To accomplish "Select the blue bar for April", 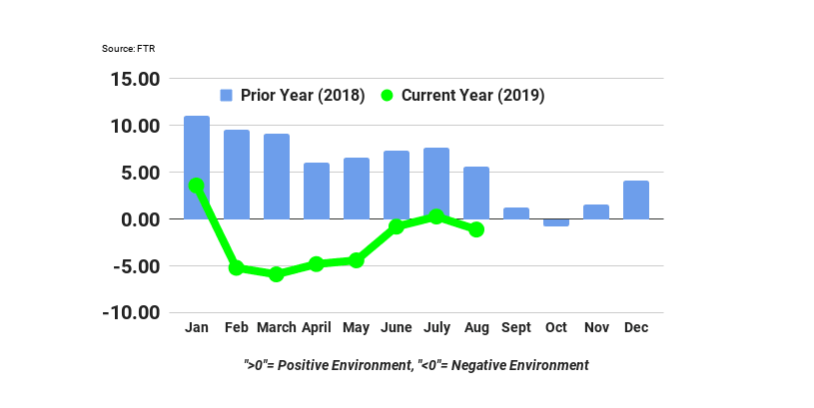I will point(317,191).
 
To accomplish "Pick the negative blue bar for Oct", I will point(556,222).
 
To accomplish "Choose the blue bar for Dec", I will point(636,200).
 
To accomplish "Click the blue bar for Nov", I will point(596,211).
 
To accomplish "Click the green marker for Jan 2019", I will point(197,186).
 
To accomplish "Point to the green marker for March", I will point(277,273).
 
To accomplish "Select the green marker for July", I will point(436,216).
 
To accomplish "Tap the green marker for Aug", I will point(476,229).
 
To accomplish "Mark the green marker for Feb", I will point(237,267).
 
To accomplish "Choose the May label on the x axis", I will point(357,327).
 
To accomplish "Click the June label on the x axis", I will point(397,327).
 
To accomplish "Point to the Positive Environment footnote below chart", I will point(416,365).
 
